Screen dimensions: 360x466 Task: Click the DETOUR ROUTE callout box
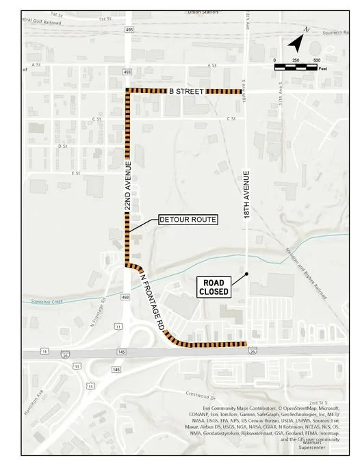pyautogui.click(x=188, y=220)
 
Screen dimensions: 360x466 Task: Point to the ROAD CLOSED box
pyautogui.click(x=214, y=286)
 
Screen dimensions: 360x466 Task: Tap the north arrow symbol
pyautogui.click(x=296, y=43)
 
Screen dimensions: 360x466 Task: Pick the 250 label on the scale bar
pyautogui.click(x=296, y=61)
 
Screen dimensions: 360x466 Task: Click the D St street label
pyautogui.click(x=64, y=146)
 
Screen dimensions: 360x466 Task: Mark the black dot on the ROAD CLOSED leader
pyautogui.click(x=246, y=275)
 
